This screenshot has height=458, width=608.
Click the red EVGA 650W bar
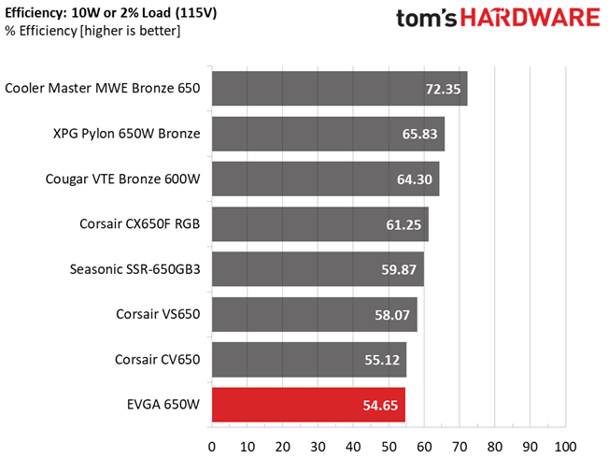tap(308, 405)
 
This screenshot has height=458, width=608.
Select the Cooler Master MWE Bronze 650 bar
tap(340, 88)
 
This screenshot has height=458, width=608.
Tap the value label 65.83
tap(419, 134)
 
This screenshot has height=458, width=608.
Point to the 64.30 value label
tap(414, 179)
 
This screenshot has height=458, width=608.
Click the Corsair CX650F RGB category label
tap(139, 224)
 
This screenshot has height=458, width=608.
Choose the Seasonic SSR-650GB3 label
tap(134, 269)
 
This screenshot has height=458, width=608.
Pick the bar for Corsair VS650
tap(315, 314)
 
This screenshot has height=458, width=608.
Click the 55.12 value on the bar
tap(382, 360)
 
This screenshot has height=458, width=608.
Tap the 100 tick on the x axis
tap(565, 447)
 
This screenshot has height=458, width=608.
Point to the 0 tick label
tap(212, 447)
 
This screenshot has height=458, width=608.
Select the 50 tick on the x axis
tap(389, 447)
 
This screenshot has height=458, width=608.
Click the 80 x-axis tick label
tap(495, 447)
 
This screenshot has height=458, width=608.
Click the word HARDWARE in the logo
tap(530, 18)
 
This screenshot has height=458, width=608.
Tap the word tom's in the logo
tap(427, 19)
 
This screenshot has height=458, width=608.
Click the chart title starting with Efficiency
tap(111, 13)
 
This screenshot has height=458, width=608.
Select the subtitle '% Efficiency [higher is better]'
tap(92, 31)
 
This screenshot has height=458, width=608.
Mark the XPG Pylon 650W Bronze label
tap(126, 134)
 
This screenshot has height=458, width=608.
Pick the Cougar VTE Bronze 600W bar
tap(326, 179)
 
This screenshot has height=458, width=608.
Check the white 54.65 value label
tap(380, 406)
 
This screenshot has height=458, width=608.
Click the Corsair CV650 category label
tap(158, 360)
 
